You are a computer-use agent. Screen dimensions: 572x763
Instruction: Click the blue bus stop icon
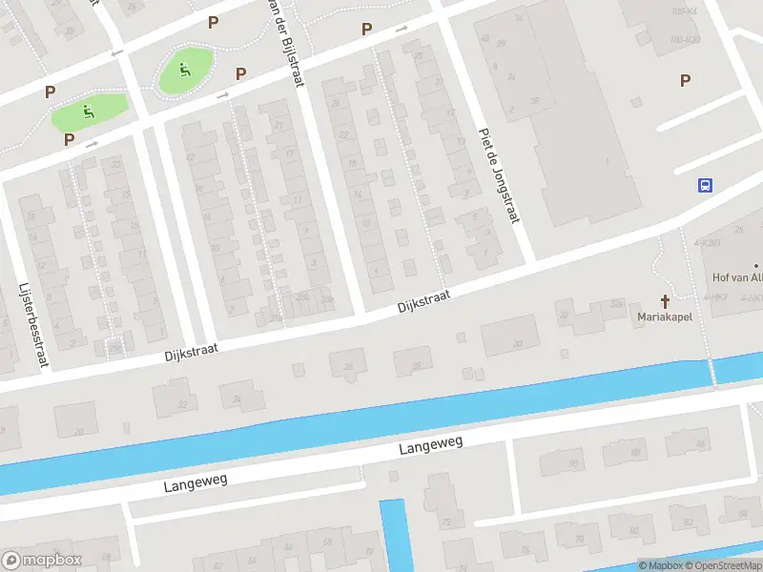tap(705, 185)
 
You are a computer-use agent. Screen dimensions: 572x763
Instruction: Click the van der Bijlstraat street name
tap(285, 43)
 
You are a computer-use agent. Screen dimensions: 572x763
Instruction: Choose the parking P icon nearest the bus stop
tap(685, 80)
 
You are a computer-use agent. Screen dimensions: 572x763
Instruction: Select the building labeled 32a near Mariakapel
tap(616, 305)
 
